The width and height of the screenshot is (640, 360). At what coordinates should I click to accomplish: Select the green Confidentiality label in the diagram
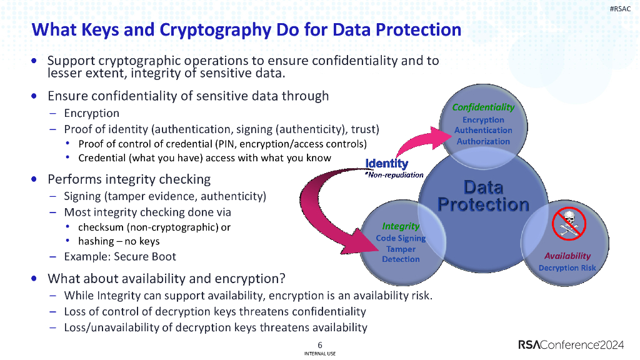483,107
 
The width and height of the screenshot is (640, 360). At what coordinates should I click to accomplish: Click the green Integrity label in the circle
401,226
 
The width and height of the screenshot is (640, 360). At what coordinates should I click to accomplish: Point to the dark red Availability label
567,256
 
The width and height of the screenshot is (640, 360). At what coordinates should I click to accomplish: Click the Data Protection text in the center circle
483,196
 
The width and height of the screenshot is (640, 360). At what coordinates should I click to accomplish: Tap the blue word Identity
387,164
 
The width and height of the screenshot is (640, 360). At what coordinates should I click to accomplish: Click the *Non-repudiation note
393,174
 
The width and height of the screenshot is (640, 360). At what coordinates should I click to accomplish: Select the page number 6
320,345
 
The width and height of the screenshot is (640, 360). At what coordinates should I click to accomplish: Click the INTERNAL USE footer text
320,354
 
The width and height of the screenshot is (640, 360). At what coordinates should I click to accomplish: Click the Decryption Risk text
567,267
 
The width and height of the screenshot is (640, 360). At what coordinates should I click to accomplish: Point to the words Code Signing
401,237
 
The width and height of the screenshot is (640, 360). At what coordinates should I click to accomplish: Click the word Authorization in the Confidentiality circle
483,141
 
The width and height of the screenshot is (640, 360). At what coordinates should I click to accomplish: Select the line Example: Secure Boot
120,256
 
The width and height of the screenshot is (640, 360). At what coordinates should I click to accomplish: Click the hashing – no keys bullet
119,241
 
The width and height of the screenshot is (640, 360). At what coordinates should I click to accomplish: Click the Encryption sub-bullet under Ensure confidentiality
91,113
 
